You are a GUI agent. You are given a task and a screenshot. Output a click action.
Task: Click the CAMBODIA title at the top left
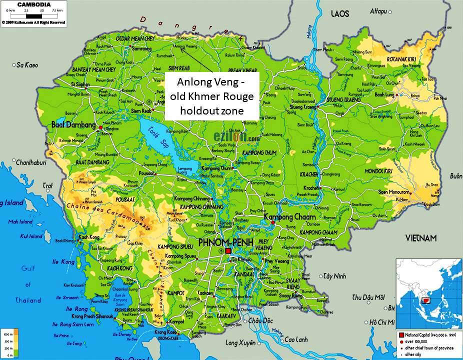click(33, 4)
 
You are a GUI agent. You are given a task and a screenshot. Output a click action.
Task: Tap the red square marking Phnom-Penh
click(228, 250)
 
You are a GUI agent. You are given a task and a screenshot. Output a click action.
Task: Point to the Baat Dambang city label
click(74, 124)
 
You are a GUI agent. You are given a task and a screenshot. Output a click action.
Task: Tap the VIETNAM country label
click(420, 237)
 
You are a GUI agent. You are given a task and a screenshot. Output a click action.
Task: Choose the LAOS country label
click(340, 14)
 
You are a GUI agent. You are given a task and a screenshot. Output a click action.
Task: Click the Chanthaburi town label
click(31, 162)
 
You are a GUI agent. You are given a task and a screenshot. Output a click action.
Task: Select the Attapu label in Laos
click(378, 11)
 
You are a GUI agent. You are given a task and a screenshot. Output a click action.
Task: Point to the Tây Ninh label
click(335, 276)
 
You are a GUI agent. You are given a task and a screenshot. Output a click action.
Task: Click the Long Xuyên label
click(240, 343)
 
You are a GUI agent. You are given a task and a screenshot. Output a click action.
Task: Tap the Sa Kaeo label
click(27, 65)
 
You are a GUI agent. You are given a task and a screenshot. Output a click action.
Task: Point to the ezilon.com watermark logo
click(236, 136)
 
